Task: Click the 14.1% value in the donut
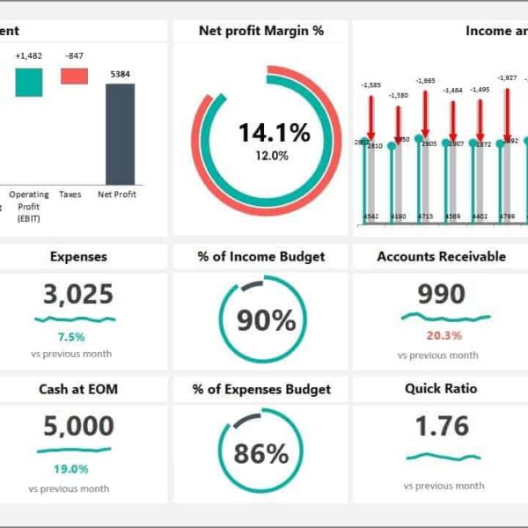coord(274,133)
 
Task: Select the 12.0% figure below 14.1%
coord(272,156)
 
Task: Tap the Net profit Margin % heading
coord(261,31)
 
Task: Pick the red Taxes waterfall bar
coord(74,76)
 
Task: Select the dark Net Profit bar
coord(120,134)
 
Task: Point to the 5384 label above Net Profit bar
coord(120,74)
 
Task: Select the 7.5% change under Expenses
coord(71,337)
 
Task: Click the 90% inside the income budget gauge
coord(267,321)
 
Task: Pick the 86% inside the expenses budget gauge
coord(260,454)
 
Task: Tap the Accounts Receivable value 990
coord(441,295)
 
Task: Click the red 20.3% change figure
coord(444,335)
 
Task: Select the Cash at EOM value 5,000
coord(78,427)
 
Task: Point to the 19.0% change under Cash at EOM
coord(71,469)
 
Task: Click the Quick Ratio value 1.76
coord(443,427)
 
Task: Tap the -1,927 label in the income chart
coord(508,77)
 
